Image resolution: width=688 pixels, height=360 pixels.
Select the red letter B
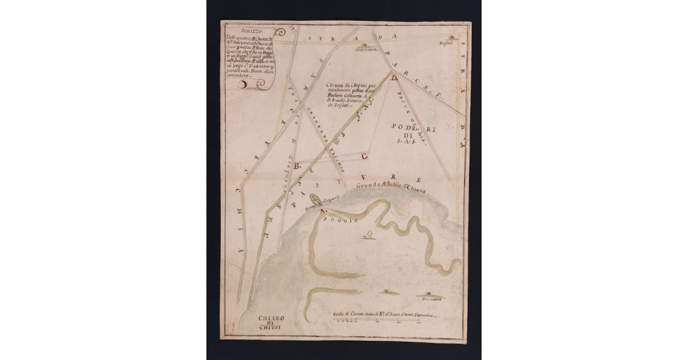point(296,166)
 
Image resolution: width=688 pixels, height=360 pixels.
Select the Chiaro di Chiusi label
point(269,323)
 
